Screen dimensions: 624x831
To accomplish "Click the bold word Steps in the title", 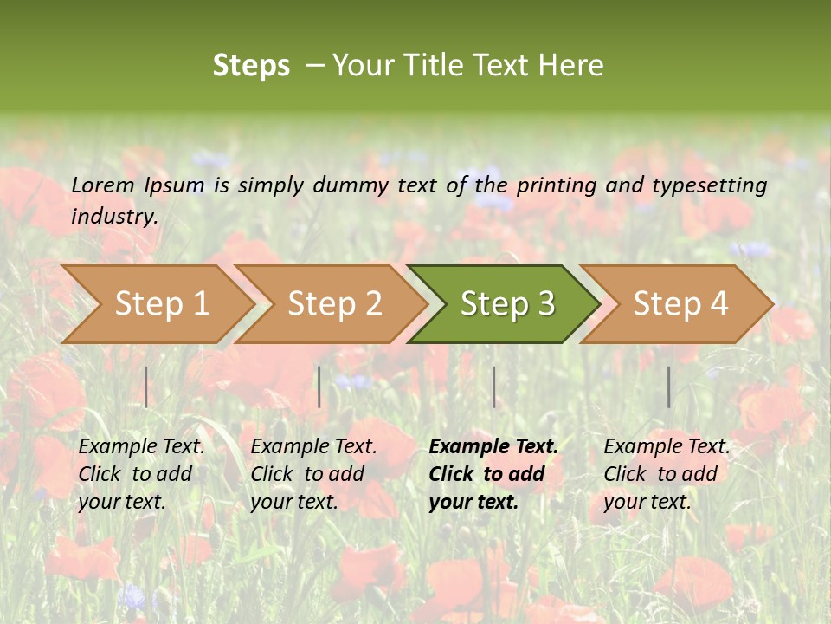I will [x=251, y=66].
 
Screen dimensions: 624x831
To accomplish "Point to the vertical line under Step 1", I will [x=146, y=387].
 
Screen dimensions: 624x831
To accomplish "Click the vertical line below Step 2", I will [x=319, y=387].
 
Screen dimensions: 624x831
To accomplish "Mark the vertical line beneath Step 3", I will [x=493, y=387].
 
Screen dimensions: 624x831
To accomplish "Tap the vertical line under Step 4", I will [x=668, y=387].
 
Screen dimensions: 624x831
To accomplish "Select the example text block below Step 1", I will [x=141, y=473].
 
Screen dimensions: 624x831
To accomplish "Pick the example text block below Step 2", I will [x=313, y=473].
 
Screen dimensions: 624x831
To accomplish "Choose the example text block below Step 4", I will [x=667, y=473].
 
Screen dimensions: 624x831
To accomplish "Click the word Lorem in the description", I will [x=103, y=185].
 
